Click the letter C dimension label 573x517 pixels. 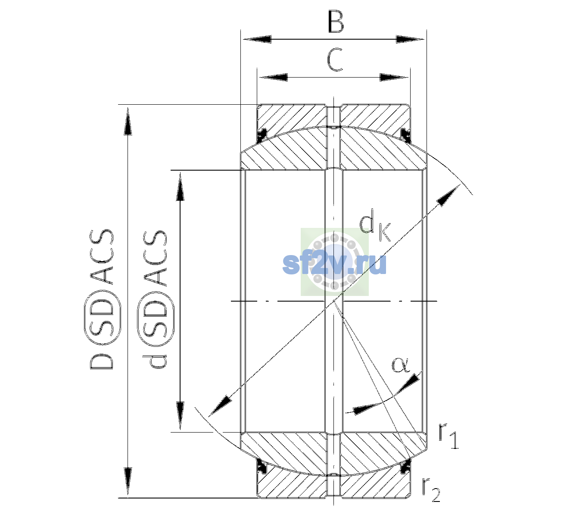(335, 60)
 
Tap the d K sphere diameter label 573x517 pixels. (374, 225)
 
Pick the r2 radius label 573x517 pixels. (431, 489)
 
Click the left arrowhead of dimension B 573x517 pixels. (256, 39)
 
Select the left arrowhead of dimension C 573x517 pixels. (273, 77)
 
